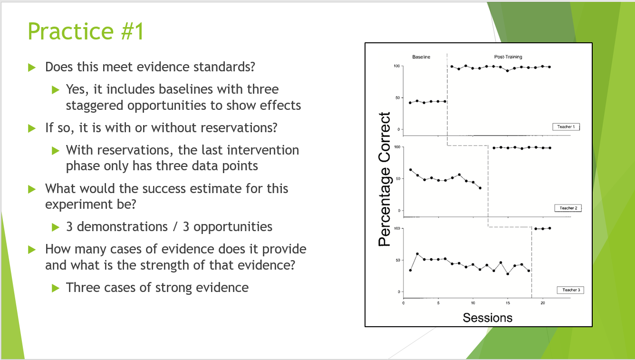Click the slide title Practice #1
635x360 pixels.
pyautogui.click(x=86, y=31)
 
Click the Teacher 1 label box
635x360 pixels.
pyautogui.click(x=566, y=127)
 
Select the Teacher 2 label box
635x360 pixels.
pyautogui.click(x=568, y=208)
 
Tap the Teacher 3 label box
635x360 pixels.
pyautogui.click(x=570, y=290)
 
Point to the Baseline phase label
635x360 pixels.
pyautogui.click(x=421, y=57)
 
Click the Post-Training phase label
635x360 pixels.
pyautogui.click(x=508, y=57)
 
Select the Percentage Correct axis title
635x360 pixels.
pyautogui.click(x=385, y=179)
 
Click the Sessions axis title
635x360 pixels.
pyautogui.click(x=488, y=318)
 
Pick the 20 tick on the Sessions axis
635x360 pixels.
pyautogui.click(x=543, y=303)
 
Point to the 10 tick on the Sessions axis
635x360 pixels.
pyautogui.click(x=473, y=303)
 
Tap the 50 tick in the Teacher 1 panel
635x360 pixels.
pyautogui.click(x=398, y=98)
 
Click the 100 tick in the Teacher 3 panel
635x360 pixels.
pyautogui.click(x=397, y=228)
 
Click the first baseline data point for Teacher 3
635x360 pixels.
pyautogui.click(x=410, y=270)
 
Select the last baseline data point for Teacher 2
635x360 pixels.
pyautogui.click(x=480, y=188)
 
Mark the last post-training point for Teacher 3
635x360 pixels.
pyautogui.click(x=549, y=228)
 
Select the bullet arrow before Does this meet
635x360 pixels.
pyautogui.click(x=32, y=68)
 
